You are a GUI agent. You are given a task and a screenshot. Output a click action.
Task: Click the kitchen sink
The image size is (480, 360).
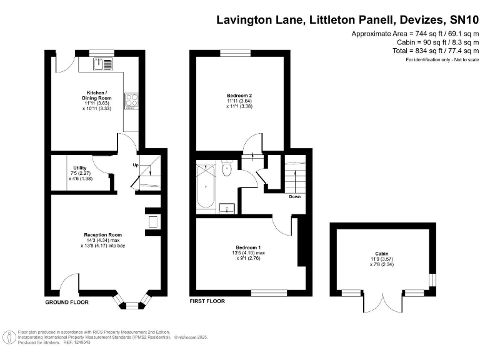102,64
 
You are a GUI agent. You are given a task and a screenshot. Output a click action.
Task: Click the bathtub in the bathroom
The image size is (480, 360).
205,187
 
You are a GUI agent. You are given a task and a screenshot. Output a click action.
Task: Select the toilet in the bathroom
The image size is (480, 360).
227,169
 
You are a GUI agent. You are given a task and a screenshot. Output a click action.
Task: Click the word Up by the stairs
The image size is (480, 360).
135,165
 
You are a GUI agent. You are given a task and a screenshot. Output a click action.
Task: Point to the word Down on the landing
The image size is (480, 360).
295,196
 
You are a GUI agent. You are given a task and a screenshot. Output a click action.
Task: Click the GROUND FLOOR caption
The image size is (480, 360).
67,302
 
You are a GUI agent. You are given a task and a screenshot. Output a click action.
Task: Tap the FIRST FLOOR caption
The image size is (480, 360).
207,301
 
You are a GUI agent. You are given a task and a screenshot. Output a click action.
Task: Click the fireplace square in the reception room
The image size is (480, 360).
152,221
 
